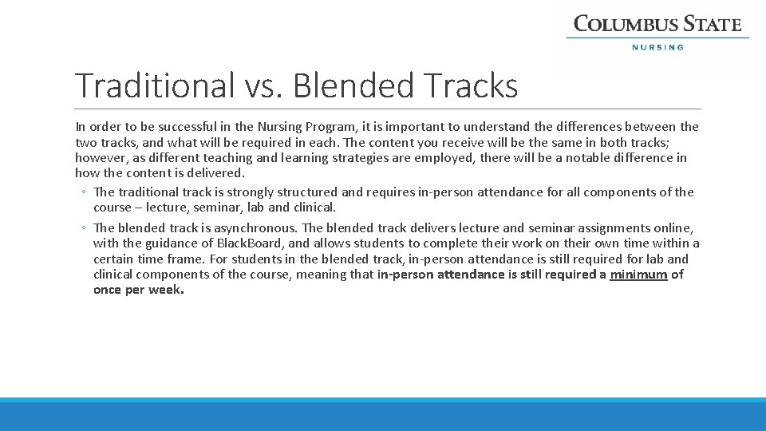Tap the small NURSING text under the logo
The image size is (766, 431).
click(657, 47)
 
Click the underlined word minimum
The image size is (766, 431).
click(638, 275)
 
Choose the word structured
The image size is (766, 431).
click(306, 192)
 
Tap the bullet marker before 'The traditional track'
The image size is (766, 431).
click(84, 192)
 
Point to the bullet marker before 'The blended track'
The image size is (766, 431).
click(84, 228)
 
